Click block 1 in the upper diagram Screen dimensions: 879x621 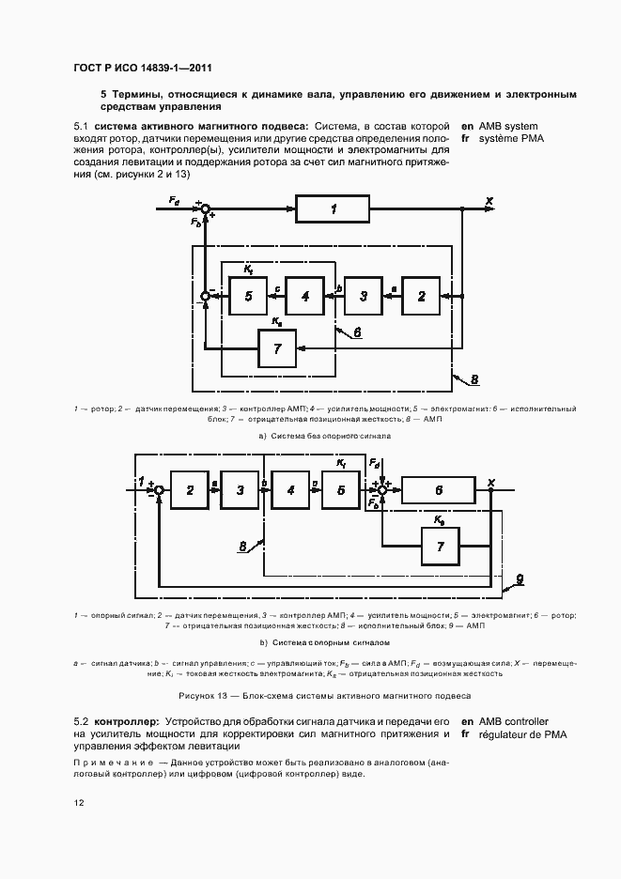coord(333,209)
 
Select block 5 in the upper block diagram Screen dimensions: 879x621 coord(248,297)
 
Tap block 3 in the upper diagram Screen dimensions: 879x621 coord(363,297)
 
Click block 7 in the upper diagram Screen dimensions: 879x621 coord(277,348)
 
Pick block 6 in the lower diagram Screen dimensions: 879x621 coord(439,490)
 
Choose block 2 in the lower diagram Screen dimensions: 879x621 coord(190,490)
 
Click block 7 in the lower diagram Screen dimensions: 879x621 coord(441,546)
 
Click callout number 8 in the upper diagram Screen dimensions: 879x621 coord(474,378)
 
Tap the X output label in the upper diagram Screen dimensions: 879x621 coord(489,200)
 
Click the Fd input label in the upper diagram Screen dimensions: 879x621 coord(175,200)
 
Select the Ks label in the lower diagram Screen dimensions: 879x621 coord(439,517)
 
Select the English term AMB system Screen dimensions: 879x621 coord(508,126)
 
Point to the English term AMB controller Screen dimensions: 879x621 coord(515,720)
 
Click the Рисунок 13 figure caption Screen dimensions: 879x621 coord(323,695)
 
